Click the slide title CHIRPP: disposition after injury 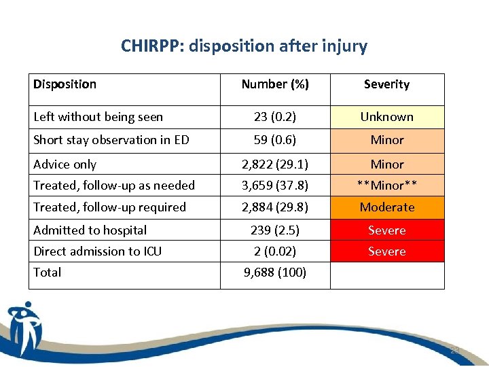click(244, 46)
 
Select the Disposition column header click(65, 84)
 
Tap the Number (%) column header click(275, 84)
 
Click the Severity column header click(386, 84)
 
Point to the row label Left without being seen click(98, 117)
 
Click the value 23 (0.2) click(275, 117)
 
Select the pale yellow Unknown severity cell click(386, 117)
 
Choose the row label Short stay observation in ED click(111, 140)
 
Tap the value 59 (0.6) click(275, 140)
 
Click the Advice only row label click(65, 164)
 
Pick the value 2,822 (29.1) click(275, 164)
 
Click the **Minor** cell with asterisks click(386, 186)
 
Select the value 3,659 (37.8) click(275, 186)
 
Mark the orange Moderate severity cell click(386, 207)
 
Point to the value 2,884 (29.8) click(275, 207)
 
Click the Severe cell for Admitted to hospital click(386, 230)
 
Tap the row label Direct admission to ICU click(98, 251)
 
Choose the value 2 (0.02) click(275, 251)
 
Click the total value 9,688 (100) click(275, 273)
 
